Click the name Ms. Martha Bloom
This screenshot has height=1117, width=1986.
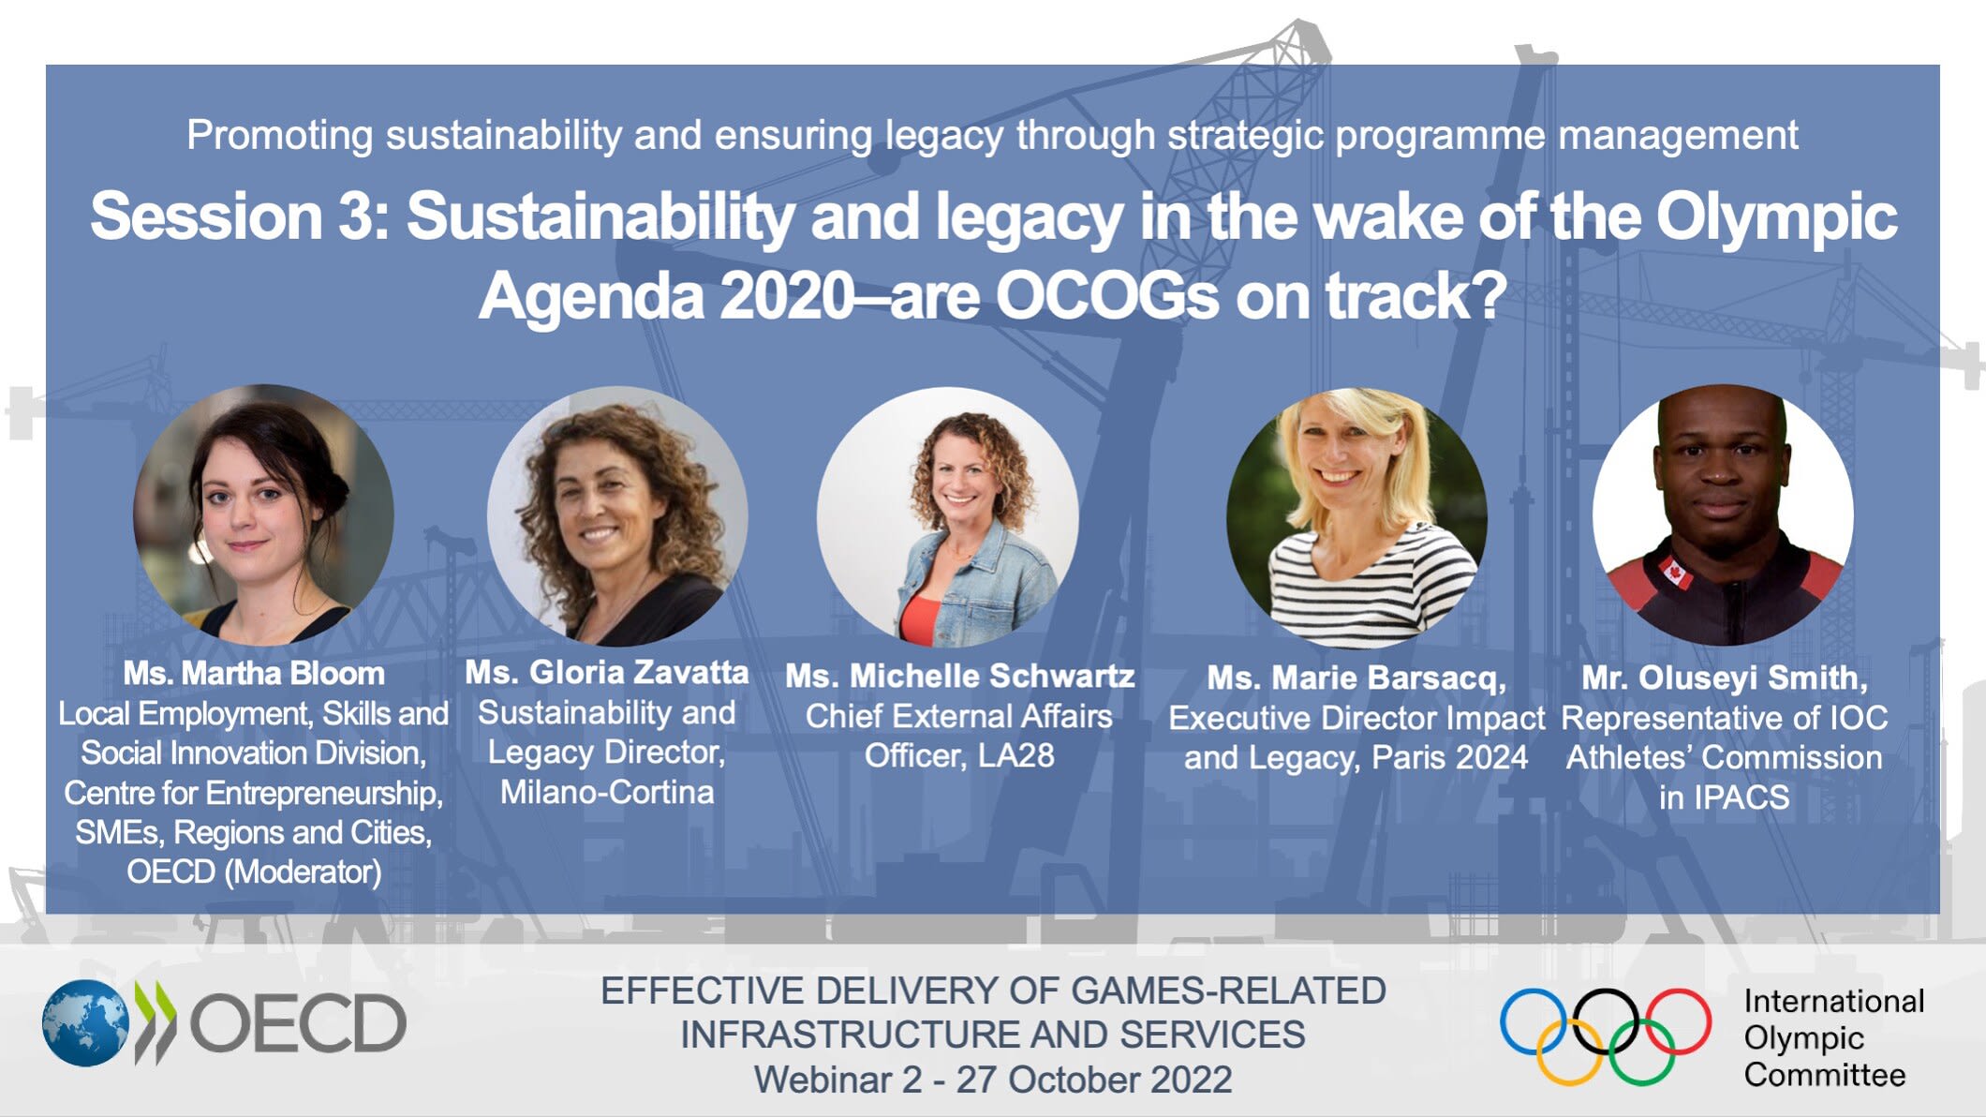click(254, 674)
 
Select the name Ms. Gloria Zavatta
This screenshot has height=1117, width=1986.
click(607, 672)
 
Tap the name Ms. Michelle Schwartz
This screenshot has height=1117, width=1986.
click(959, 676)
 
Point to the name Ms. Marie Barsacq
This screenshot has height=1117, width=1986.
click(1356, 678)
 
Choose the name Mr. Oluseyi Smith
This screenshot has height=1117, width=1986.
click(1724, 678)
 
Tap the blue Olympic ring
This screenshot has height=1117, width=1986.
click(1534, 1020)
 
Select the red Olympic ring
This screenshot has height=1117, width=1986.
click(1679, 1020)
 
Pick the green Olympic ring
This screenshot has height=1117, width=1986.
click(1642, 1053)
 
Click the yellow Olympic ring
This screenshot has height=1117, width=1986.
click(1569, 1053)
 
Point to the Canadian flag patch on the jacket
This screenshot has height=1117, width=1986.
click(1674, 571)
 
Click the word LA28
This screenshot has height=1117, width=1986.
click(1015, 755)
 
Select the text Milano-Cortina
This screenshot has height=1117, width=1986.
click(607, 793)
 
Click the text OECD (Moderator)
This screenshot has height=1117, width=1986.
click(254, 871)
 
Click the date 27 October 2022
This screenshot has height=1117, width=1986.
click(1093, 1080)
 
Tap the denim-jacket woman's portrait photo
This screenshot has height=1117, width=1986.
click(947, 517)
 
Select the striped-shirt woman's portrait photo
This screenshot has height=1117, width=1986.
click(1356, 517)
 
